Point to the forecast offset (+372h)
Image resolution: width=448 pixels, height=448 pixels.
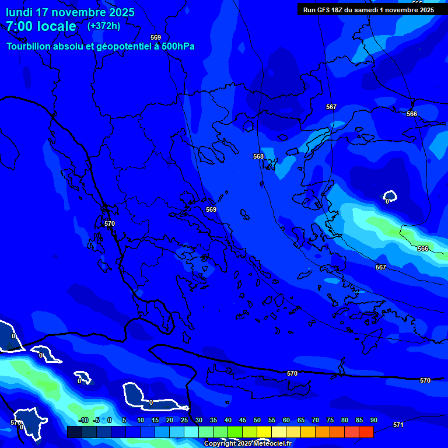[x=103, y=26]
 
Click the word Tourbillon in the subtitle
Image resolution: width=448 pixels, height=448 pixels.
[x=29, y=47]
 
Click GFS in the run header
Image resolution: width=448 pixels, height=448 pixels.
[x=324, y=10]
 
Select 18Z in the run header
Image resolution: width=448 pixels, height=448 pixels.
[x=339, y=10]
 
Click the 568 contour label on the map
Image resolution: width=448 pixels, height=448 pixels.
[x=258, y=156]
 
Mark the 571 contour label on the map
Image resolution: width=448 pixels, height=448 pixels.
[x=398, y=425]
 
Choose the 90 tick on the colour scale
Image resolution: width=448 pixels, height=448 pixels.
[x=373, y=421]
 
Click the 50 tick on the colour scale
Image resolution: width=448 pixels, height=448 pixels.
[x=257, y=421]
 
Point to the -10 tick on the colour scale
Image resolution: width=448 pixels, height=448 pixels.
[x=83, y=421]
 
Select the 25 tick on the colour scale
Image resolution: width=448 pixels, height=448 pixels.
[x=184, y=421]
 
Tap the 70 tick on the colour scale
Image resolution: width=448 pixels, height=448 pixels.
[x=315, y=421]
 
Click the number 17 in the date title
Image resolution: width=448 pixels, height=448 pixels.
[x=44, y=12]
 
